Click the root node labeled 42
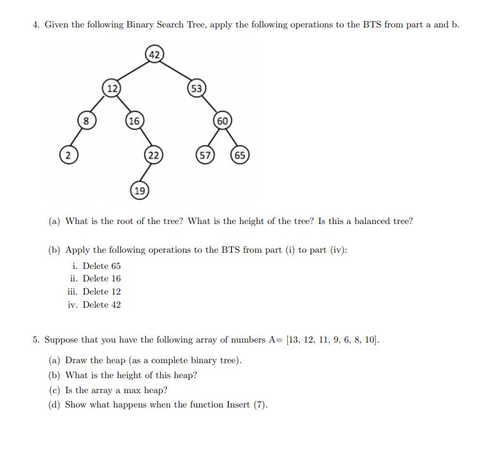pos(154,54)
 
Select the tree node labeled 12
pos(112,88)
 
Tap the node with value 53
pos(197,89)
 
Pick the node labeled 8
pos(87,120)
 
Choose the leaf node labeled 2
pos(66,154)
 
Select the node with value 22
pos(154,155)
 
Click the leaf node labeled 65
pos(240,155)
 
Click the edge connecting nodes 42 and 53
pos(176,71)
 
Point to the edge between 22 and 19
pos(147,172)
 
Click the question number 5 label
pos(36,340)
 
